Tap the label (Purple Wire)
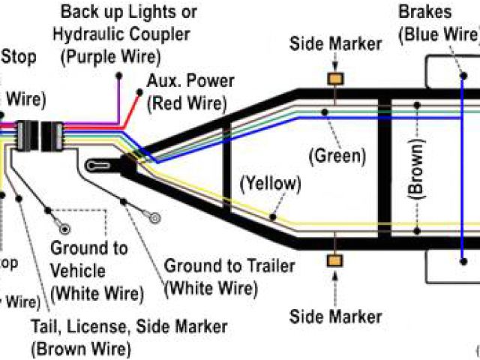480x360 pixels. click(111, 55)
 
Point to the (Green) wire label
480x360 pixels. click(337, 157)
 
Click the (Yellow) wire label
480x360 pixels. click(270, 183)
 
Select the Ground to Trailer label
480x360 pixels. click(229, 266)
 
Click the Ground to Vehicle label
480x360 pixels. click(88, 258)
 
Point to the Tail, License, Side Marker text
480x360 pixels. click(129, 327)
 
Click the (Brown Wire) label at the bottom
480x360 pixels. click(81, 349)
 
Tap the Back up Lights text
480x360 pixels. click(129, 12)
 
